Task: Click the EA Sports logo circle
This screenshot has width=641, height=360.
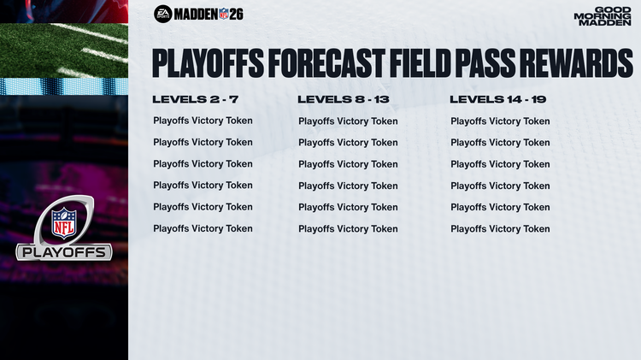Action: tap(162, 14)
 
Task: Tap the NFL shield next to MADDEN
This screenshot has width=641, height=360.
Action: tap(224, 14)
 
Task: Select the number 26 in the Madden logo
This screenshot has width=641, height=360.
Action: tap(237, 14)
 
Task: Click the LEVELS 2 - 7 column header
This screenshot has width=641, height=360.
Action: tap(195, 100)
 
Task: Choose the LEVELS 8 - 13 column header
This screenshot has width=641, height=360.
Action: tap(344, 100)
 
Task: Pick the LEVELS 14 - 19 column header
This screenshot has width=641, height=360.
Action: tap(498, 100)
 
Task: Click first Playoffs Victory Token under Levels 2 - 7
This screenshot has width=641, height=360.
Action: tap(203, 121)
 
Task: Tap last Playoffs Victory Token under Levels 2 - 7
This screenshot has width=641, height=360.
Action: tap(203, 228)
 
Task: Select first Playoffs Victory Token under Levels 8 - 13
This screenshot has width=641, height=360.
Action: tap(348, 121)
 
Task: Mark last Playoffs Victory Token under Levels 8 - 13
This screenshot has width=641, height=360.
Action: tap(348, 229)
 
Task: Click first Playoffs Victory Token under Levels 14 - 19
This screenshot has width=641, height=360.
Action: tap(500, 121)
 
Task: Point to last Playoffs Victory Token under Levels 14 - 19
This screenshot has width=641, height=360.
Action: tap(500, 229)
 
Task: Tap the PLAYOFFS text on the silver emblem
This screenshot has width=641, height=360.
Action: tap(64, 252)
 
